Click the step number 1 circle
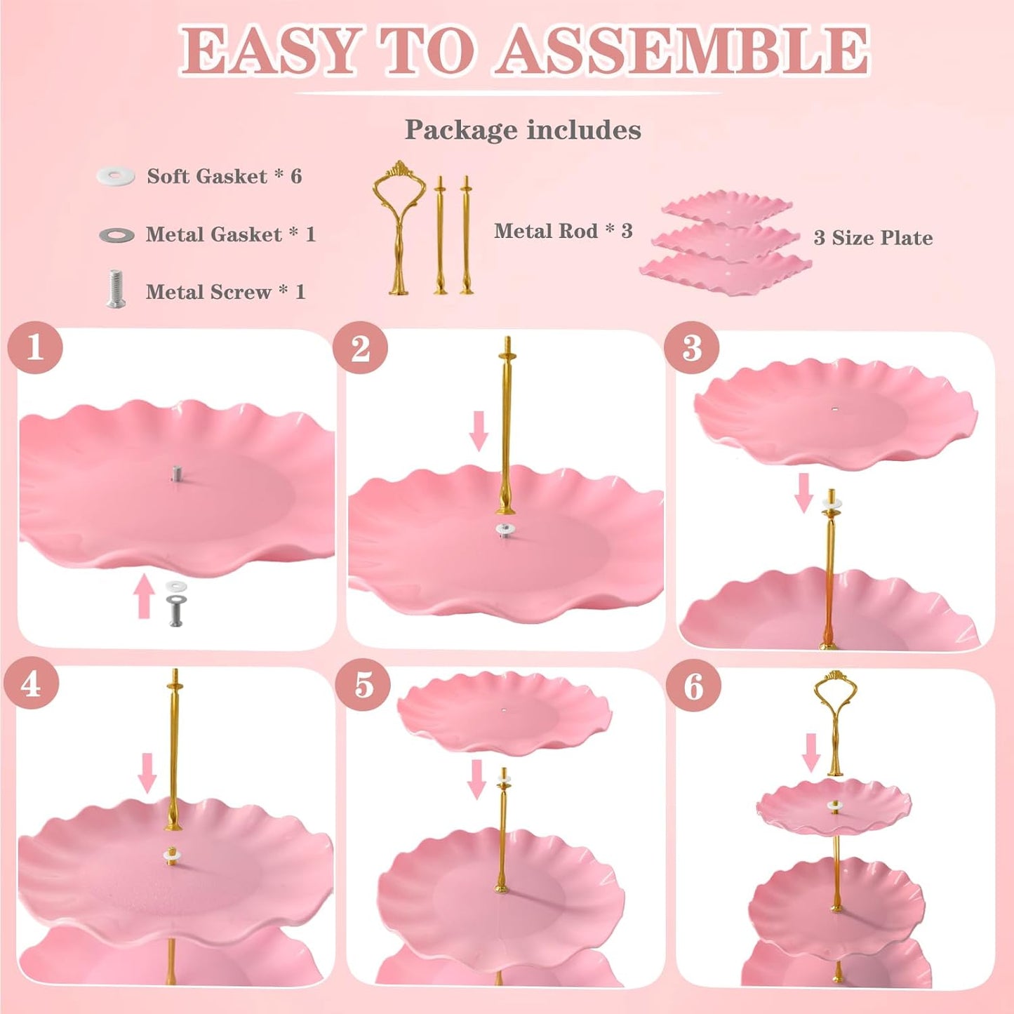click(x=35, y=347)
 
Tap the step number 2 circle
click(x=360, y=347)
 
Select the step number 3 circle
click(x=691, y=347)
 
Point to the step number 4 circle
click(x=31, y=684)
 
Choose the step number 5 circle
click(x=363, y=684)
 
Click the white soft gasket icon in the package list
click(x=116, y=175)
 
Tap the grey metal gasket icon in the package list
click(x=116, y=235)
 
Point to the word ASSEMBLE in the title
click(x=682, y=51)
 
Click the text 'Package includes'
click(x=523, y=130)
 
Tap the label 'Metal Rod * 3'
click(x=563, y=231)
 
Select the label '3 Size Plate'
click(x=873, y=238)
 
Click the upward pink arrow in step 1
click(x=144, y=596)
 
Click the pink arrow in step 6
click(x=811, y=752)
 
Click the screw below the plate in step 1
click(x=175, y=610)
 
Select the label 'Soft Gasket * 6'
click(x=224, y=176)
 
